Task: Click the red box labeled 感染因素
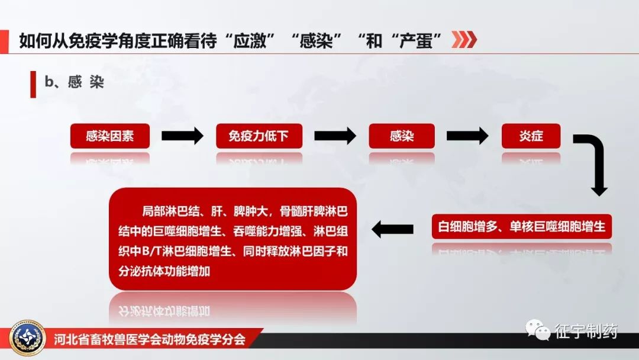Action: (x=109, y=136)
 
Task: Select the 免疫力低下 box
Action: (x=259, y=136)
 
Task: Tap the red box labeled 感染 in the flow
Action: (x=401, y=136)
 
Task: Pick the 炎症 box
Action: (x=531, y=136)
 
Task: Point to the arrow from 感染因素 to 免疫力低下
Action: (x=182, y=136)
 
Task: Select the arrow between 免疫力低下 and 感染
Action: (x=335, y=136)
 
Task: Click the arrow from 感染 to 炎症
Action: (x=467, y=136)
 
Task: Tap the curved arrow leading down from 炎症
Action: (x=595, y=163)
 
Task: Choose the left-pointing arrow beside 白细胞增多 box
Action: (x=392, y=229)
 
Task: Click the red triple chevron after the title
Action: (x=464, y=40)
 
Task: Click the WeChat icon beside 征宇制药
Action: (x=538, y=330)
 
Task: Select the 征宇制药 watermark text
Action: (x=586, y=331)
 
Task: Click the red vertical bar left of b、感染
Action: (x=33, y=83)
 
